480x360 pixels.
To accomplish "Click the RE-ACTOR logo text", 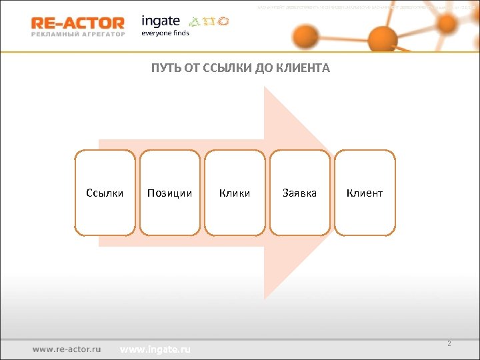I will tap(77, 23).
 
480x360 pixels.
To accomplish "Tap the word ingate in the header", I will tap(161, 21).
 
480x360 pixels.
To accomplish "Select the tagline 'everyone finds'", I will tap(165, 33).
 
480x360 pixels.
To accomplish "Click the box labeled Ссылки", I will tap(105, 193).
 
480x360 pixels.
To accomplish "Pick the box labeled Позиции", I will tap(169, 193).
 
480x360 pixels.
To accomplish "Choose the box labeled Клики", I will tap(235, 193).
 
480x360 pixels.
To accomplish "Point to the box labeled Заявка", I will tap(299, 193).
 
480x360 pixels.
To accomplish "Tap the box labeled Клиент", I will tap(365, 193).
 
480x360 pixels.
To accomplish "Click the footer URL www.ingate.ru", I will tap(155, 349).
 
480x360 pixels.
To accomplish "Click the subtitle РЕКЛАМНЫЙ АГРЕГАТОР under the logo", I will tap(77, 35).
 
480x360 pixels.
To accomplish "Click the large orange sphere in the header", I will tap(383, 37).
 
